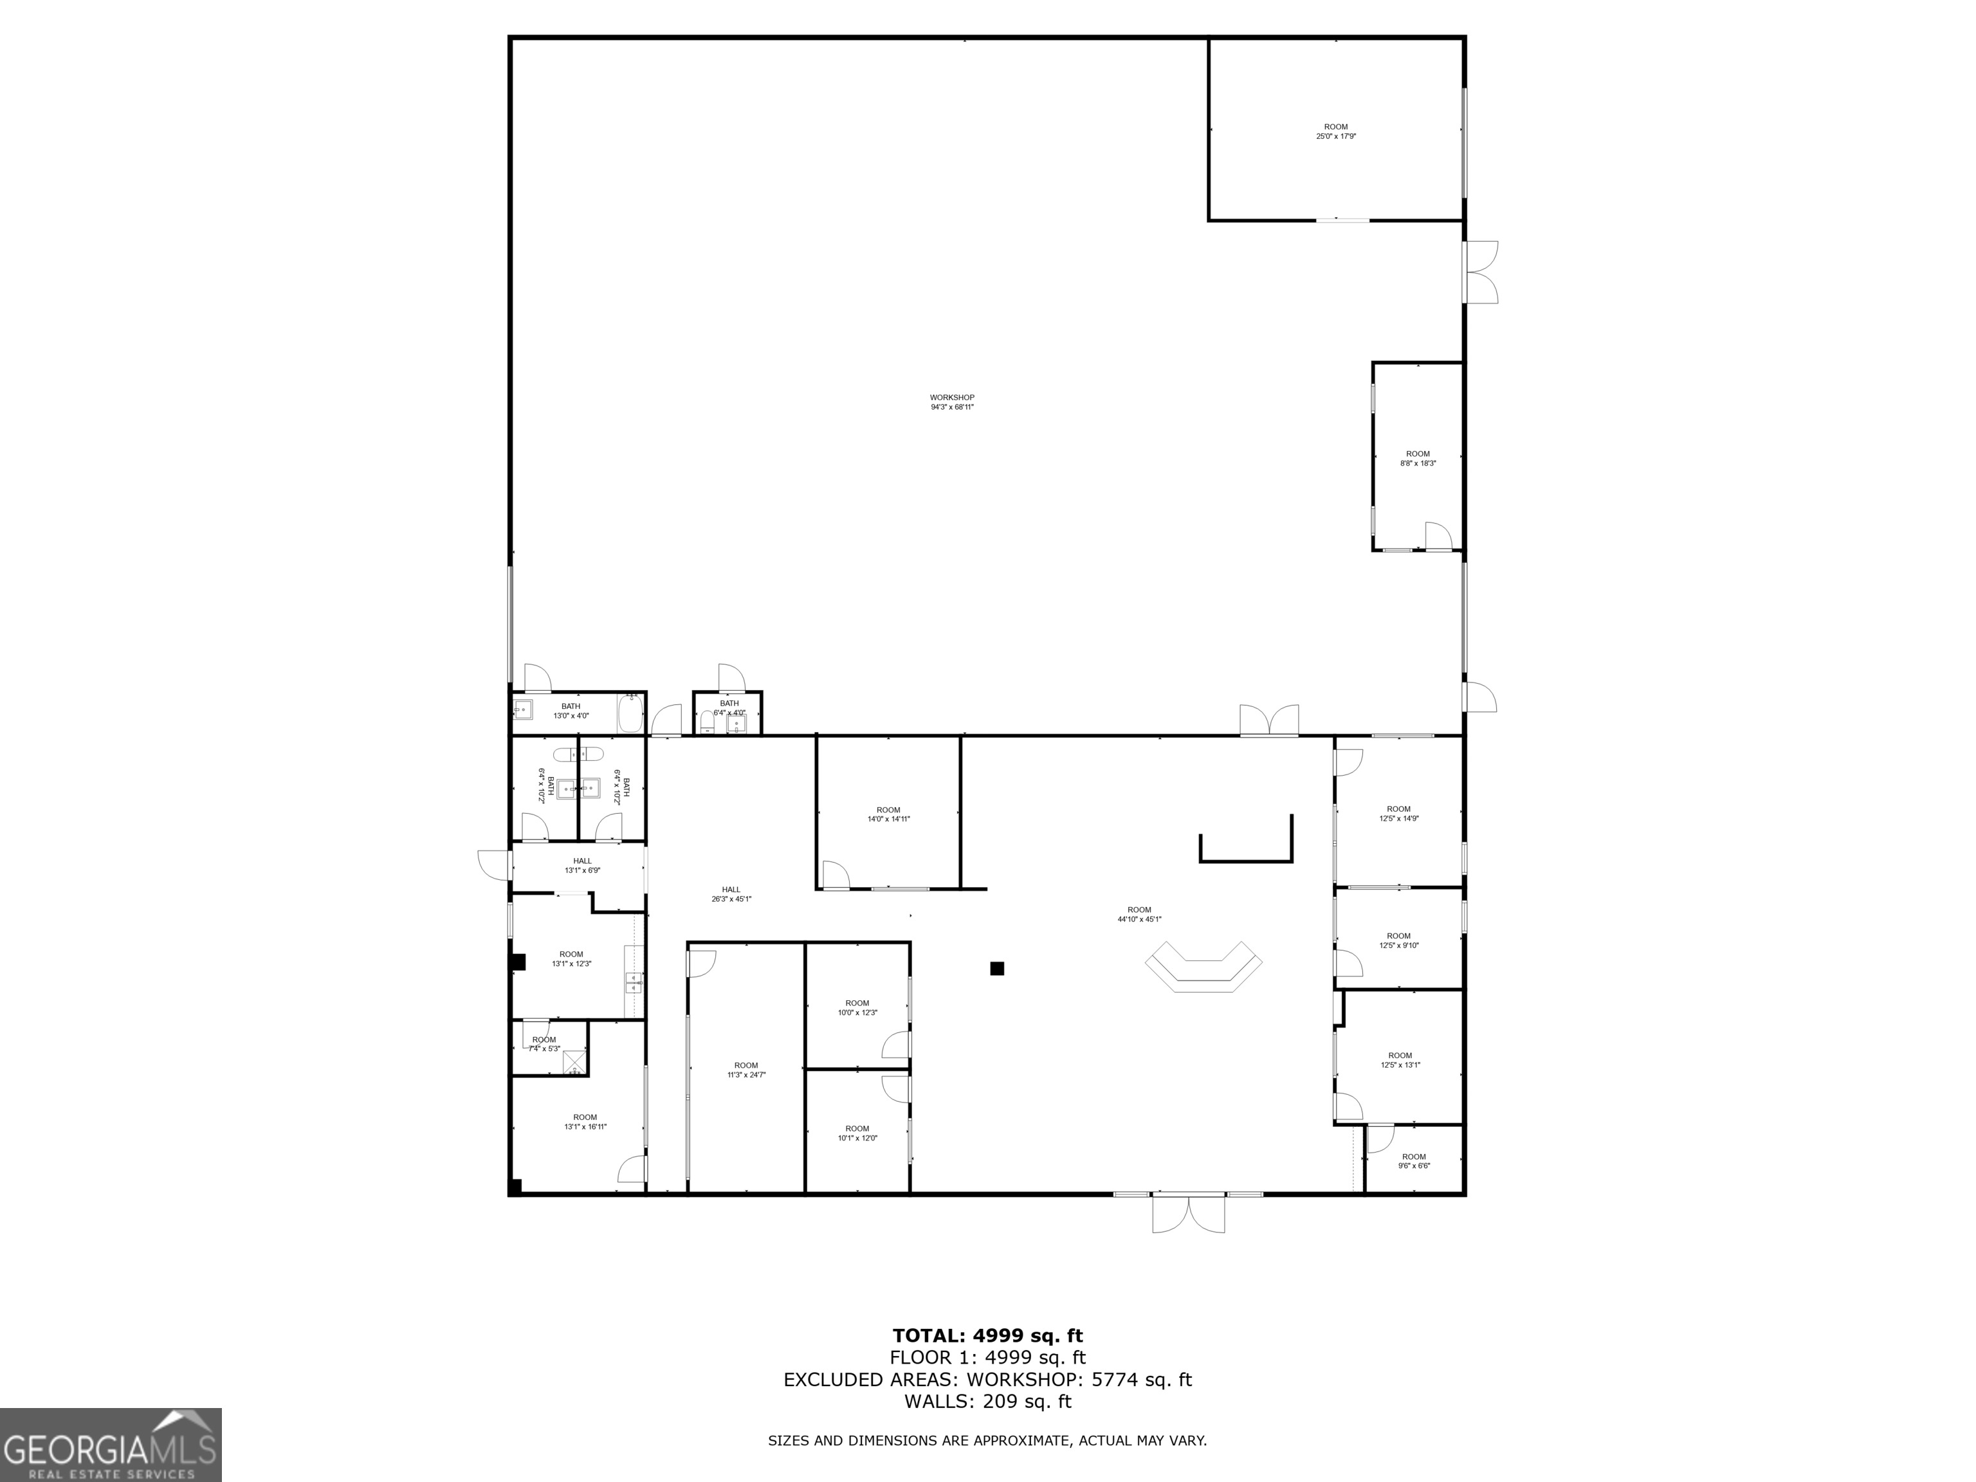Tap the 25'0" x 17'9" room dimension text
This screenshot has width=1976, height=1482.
1335,136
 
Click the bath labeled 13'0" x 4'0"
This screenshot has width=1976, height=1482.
571,711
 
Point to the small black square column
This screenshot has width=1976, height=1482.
997,968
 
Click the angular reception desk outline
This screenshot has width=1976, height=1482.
1203,967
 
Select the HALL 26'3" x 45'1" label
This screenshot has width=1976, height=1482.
731,894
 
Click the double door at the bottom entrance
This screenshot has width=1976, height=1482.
1188,1213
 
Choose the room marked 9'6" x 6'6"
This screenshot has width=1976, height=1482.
1413,1161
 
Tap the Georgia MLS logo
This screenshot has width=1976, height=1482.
110,1445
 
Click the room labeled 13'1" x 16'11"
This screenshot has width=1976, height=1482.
585,1122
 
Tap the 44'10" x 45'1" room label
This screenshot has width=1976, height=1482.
1139,915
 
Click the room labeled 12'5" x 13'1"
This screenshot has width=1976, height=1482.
1400,1060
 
